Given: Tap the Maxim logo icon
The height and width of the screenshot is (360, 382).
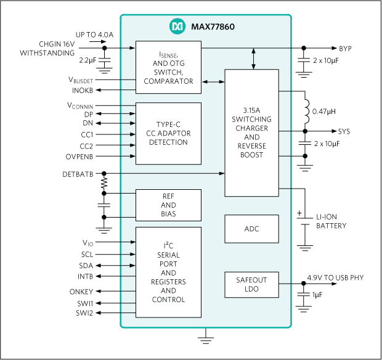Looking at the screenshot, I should click(x=176, y=27).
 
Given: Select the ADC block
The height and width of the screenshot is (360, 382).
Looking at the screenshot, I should click(x=251, y=229).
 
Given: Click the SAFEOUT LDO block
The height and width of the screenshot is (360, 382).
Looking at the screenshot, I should click(x=251, y=283).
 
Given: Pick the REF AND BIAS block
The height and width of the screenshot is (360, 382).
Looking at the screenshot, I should click(x=168, y=205).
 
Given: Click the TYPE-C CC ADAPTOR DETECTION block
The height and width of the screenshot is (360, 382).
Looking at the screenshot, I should click(x=168, y=133).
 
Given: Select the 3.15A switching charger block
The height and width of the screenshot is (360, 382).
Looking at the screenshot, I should click(x=251, y=132).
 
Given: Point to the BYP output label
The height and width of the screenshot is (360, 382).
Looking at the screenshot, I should click(x=346, y=47).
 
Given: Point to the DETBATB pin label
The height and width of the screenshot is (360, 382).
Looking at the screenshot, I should click(x=78, y=174).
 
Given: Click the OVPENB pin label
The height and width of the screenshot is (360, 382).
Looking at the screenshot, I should click(x=79, y=157).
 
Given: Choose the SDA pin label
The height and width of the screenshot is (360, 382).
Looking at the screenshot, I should click(x=86, y=265).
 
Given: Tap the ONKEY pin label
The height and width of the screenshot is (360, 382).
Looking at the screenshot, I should click(x=82, y=291).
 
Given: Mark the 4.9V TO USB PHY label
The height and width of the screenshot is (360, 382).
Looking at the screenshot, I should click(x=343, y=278).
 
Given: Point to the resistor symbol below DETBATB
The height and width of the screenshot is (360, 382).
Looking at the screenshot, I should click(x=104, y=184).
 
